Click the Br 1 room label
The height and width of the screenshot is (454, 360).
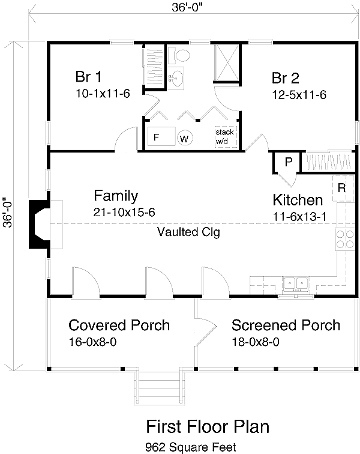click(89, 77)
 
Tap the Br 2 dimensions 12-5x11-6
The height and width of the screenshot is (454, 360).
click(299, 95)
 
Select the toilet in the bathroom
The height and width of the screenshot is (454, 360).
click(179, 55)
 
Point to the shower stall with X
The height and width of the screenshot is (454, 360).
click(226, 62)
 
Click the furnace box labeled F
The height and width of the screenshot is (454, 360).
click(161, 136)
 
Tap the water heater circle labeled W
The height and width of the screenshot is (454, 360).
click(185, 138)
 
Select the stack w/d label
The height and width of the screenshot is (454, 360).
click(224, 137)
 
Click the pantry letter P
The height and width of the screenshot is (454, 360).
click(289, 162)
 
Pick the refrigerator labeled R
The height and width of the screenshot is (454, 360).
click(342, 188)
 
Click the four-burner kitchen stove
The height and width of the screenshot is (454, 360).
click(345, 239)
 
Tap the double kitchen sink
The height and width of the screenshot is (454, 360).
click(295, 283)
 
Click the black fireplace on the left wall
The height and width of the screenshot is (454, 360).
click(39, 224)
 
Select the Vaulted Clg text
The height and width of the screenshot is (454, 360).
click(188, 232)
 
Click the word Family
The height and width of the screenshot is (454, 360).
click(116, 196)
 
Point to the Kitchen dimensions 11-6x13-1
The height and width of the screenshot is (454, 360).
click(300, 217)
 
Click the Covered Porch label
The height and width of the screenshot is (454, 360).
click(119, 325)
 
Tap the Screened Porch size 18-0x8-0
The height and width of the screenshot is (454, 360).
click(256, 342)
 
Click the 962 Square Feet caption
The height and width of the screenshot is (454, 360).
click(191, 447)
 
